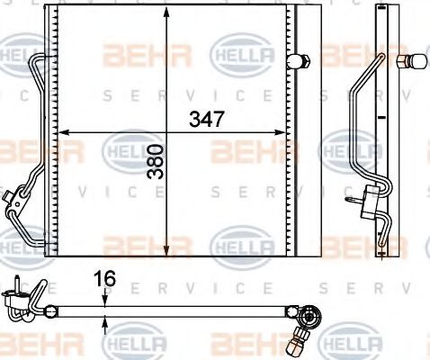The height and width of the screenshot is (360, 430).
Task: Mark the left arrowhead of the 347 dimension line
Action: tap(63, 133)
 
